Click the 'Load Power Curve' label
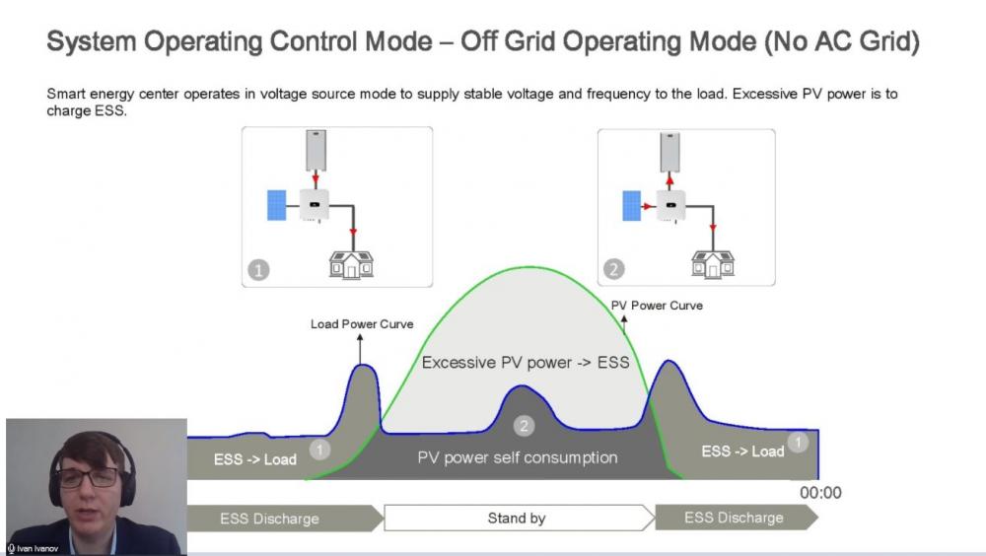pyautogui.click(x=362, y=324)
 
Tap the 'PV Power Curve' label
pyautogui.click(x=657, y=305)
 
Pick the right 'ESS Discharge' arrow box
pyautogui.click(x=737, y=517)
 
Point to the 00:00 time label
pyautogui.click(x=820, y=493)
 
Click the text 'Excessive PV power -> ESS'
pyautogui.click(x=526, y=362)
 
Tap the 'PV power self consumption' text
pyautogui.click(x=517, y=457)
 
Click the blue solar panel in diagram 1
pyautogui.click(x=277, y=205)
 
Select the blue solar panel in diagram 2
pyautogui.click(x=631, y=206)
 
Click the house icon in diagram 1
pyautogui.click(x=352, y=264)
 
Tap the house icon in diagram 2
pyautogui.click(x=713, y=264)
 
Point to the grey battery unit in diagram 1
pyautogui.click(x=316, y=150)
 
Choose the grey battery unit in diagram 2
pyautogui.click(x=669, y=152)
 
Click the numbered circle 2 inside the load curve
pyautogui.click(x=524, y=426)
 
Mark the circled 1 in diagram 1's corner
pyautogui.click(x=258, y=270)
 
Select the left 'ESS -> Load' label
pyautogui.click(x=254, y=459)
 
